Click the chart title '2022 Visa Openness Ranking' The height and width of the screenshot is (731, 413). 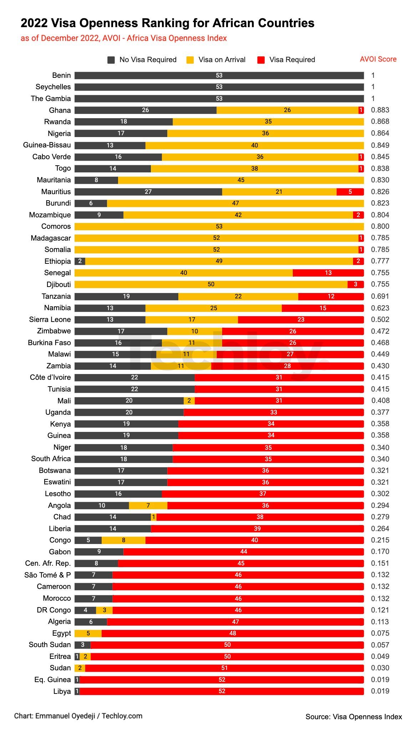coord(167,23)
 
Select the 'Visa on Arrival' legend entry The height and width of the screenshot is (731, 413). coord(221,60)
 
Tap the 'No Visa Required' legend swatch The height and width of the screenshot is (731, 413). coord(111,60)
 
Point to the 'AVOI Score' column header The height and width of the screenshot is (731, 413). coord(378,59)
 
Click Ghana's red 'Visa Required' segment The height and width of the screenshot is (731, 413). coord(361,110)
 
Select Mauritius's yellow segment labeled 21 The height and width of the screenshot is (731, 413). coord(279,192)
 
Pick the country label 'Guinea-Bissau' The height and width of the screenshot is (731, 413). coord(47,145)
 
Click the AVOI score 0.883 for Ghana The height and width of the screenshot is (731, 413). coord(380,110)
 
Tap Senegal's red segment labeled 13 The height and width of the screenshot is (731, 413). coord(328,273)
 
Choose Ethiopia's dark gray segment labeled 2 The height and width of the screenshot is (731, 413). coord(80,261)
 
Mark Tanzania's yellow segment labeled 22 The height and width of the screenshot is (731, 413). coord(238,296)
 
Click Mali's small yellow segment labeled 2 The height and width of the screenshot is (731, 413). coord(189,401)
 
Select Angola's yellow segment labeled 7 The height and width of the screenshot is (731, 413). coord(148,505)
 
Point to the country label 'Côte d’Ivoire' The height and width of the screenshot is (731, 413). coord(50,378)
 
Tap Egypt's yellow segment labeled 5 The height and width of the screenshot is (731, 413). coord(88,633)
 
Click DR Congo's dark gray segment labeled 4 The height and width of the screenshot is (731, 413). coord(85,610)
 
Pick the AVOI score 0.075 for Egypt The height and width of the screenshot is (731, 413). coord(380,633)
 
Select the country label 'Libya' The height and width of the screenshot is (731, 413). coord(62,691)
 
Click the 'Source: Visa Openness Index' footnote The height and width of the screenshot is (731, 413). coord(353,717)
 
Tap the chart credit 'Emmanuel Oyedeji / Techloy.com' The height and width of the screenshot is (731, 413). coord(78,716)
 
